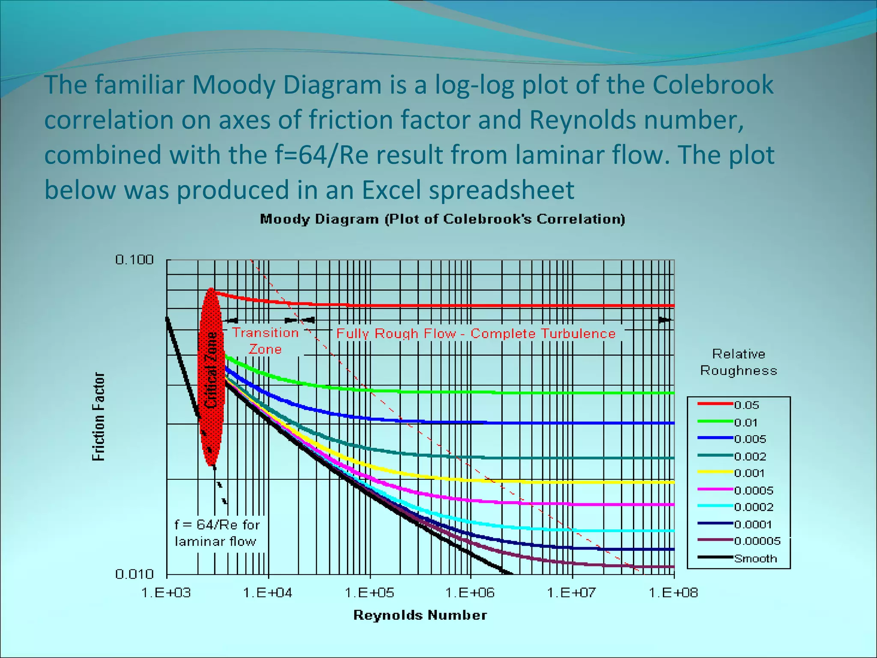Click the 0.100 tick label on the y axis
coord(134,260)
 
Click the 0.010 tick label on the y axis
coord(134,574)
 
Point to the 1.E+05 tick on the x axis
coord(369,593)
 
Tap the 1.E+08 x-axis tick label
coord(673,593)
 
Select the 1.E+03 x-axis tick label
coord(166,593)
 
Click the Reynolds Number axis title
coord(420,615)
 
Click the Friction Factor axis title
coord(98,416)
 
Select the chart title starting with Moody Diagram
coord(442,219)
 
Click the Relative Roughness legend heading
coord(738,362)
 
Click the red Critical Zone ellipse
coord(211,377)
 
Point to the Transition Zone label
coord(265,341)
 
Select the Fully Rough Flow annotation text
coord(475,334)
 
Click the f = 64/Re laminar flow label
coord(217,533)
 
